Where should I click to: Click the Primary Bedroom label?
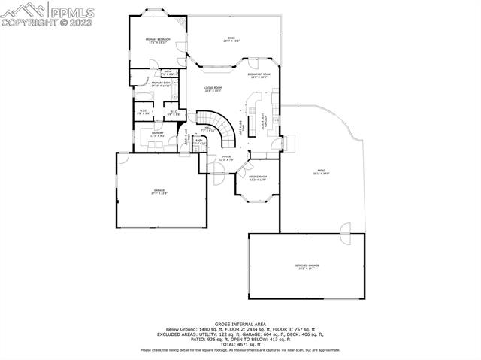point(158,40)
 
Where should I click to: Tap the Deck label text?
point(231,39)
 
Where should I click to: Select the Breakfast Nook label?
point(259,76)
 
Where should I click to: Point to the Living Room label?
point(213,89)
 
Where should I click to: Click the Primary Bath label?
point(161,84)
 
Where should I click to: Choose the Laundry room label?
point(157,134)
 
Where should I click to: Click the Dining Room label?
point(258,177)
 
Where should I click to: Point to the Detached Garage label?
point(306,268)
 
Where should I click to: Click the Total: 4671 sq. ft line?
point(240,343)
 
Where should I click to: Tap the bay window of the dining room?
point(258,196)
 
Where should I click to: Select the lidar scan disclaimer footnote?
point(240,349)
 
